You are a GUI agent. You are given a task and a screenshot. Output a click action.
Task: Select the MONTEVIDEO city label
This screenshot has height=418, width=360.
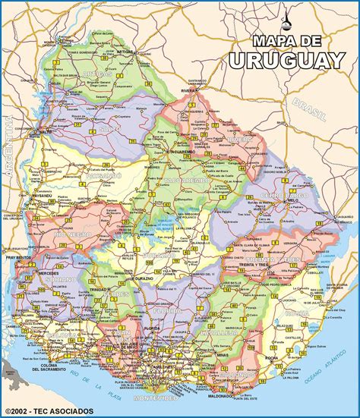[155, 398]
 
